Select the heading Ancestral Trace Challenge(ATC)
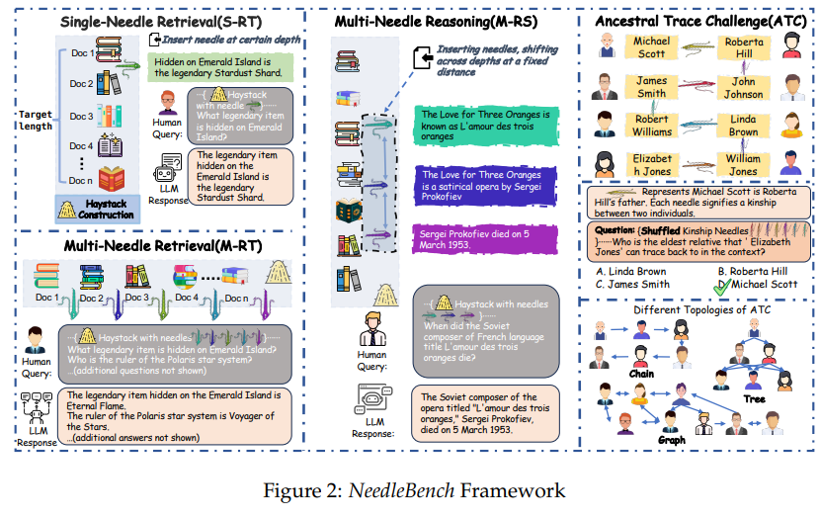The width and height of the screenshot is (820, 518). pos(696,21)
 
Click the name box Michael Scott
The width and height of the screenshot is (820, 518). pos(651,47)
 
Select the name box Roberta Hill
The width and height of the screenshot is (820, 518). pos(743,47)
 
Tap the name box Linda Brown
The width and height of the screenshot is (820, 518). pos(743,126)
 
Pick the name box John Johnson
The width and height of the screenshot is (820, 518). pos(743,87)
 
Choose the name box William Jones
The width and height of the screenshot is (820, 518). pos(743,164)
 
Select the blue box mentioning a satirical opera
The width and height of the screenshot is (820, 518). pos(481,183)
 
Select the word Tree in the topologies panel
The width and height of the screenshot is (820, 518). pos(753,398)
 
